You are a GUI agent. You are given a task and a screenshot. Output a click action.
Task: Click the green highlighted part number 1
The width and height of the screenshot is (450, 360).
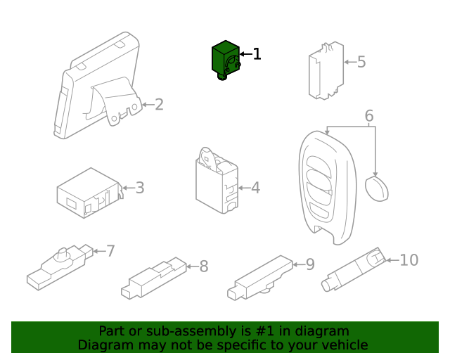point(226,60)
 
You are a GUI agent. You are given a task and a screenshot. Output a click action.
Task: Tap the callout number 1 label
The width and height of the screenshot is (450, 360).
point(257,54)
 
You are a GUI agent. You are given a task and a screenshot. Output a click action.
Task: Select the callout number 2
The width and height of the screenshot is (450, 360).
point(159,105)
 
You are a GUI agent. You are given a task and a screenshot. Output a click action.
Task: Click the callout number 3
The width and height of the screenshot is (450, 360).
point(140,188)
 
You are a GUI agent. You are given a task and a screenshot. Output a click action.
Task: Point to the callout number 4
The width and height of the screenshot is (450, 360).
point(255,188)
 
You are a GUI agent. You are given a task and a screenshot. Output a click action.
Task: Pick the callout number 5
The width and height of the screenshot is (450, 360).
point(361,62)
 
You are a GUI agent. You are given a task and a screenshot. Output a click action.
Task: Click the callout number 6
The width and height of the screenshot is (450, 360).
point(369,116)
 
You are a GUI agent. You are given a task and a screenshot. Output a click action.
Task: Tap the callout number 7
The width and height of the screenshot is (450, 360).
point(110,251)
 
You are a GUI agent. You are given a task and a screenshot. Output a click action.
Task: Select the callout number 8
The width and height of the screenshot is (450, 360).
point(204,266)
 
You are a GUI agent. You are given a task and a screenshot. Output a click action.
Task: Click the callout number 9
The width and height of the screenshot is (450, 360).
point(310,264)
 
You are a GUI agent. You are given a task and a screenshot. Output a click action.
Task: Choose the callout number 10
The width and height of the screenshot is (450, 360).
point(409,260)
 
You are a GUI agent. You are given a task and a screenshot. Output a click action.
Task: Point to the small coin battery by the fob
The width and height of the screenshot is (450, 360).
point(377,189)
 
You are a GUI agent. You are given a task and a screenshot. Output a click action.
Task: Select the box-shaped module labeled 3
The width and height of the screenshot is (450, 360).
point(90,193)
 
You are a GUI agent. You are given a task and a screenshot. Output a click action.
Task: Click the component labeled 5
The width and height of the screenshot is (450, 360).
point(326,70)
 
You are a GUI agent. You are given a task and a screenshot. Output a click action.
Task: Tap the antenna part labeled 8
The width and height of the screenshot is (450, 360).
point(154,278)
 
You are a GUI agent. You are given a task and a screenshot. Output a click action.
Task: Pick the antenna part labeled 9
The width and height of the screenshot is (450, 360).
point(260,278)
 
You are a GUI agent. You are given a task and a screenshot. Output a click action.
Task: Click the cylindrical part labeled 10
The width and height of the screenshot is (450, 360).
point(354,269)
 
